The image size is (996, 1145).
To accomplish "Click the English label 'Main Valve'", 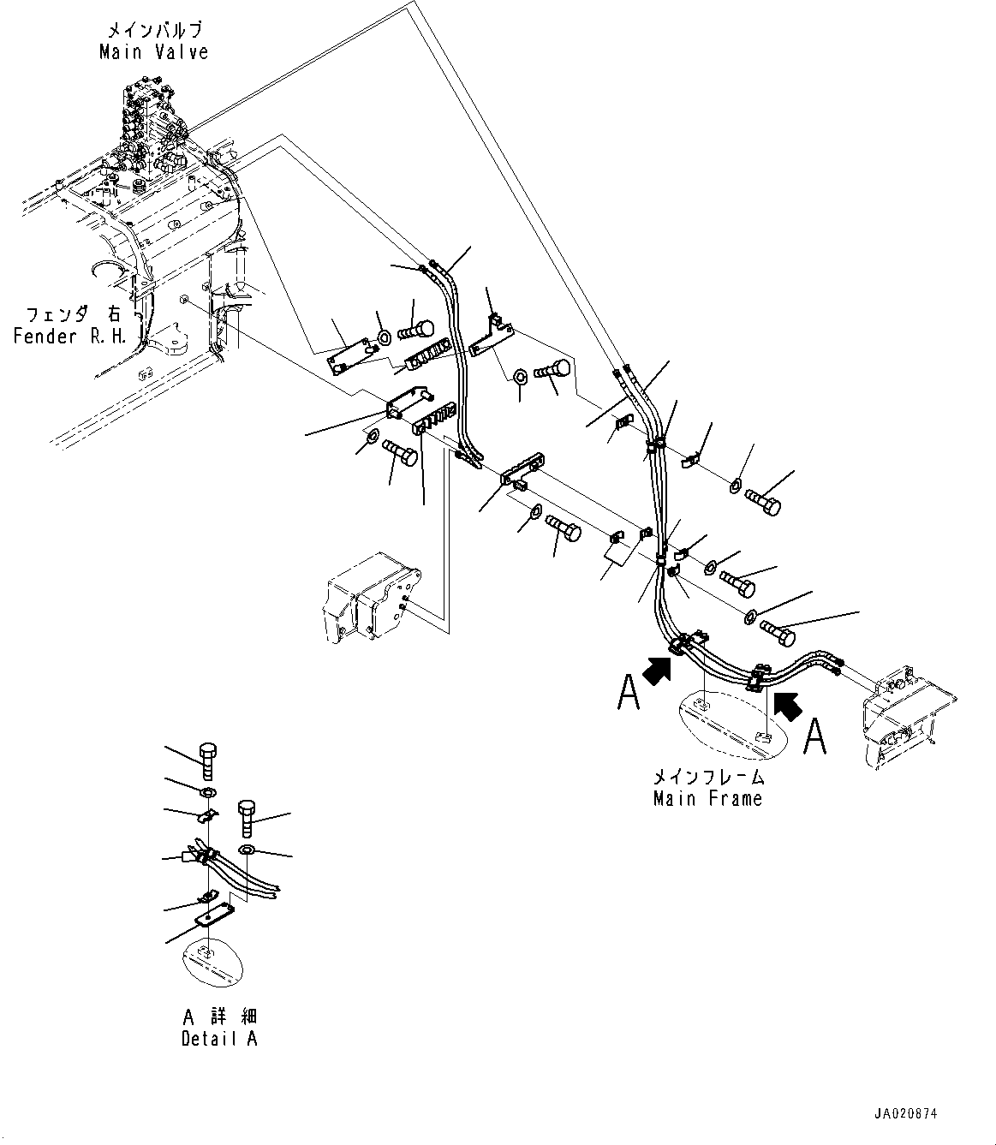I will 153,52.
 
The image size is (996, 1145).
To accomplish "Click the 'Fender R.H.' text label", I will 70,336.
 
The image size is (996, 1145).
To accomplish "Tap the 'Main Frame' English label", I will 707,799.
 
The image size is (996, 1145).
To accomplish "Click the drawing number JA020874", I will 906,1115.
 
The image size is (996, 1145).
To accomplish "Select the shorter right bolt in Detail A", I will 246,818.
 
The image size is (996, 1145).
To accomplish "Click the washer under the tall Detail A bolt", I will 209,789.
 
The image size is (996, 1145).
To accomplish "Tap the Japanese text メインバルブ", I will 153,30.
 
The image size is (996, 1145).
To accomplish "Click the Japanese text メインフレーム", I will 707,778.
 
